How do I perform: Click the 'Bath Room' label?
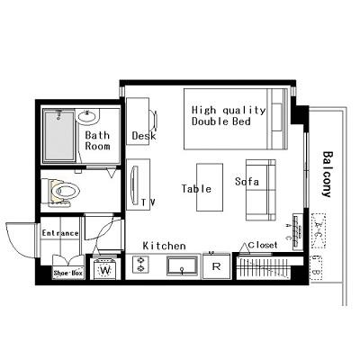[x=97, y=141]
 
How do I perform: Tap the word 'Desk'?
[x=143, y=136]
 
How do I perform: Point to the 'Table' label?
[x=196, y=189]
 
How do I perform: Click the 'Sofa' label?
[x=247, y=181]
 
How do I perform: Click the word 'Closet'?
[x=263, y=244]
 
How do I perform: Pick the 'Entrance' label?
[x=60, y=233]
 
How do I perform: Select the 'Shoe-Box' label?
[x=67, y=271]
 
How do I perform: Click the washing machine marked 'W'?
[x=105, y=269]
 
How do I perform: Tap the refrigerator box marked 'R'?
[x=215, y=266]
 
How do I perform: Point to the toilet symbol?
[x=66, y=191]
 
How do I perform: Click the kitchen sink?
[x=181, y=266]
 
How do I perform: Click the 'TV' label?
[x=147, y=202]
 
